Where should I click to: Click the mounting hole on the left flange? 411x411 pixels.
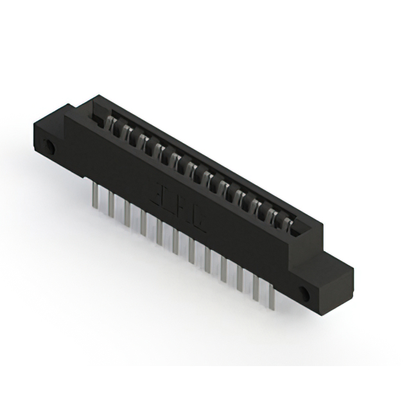coord(50,148)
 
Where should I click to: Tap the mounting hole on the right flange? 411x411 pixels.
coord(305,295)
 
